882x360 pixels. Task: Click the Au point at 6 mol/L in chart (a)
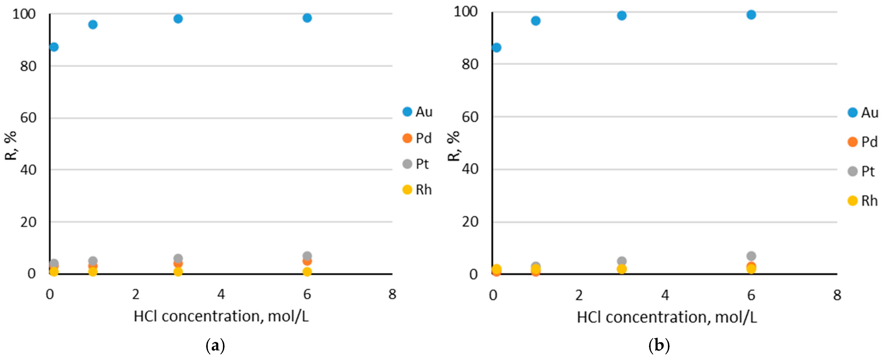307,18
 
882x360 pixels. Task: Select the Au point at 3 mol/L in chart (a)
178,19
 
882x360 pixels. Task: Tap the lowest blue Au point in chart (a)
54,47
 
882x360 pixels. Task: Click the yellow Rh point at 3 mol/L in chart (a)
178,272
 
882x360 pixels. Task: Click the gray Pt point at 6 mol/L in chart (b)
751,256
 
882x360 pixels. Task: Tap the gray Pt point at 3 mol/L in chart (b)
622,261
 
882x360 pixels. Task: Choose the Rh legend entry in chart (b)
863,201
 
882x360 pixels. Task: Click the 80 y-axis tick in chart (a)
28,66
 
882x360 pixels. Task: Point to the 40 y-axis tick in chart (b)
470,169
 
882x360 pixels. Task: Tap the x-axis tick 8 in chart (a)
392,294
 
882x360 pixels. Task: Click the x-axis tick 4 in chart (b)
665,295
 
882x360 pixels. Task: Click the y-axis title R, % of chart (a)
11,146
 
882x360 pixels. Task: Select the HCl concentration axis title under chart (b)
667,317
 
